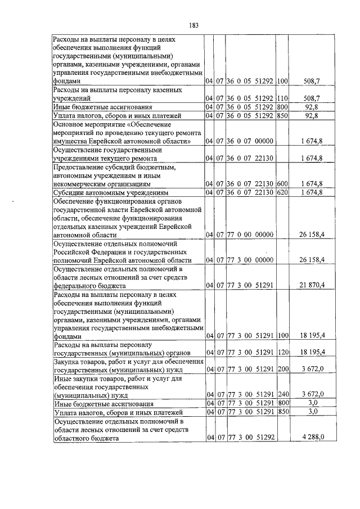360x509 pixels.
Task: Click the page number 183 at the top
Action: [194, 25]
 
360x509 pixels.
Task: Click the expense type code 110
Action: [282, 98]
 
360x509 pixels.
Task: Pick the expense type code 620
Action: [282, 193]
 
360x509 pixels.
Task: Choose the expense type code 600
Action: [282, 184]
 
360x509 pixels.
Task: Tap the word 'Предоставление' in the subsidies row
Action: [78, 168]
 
